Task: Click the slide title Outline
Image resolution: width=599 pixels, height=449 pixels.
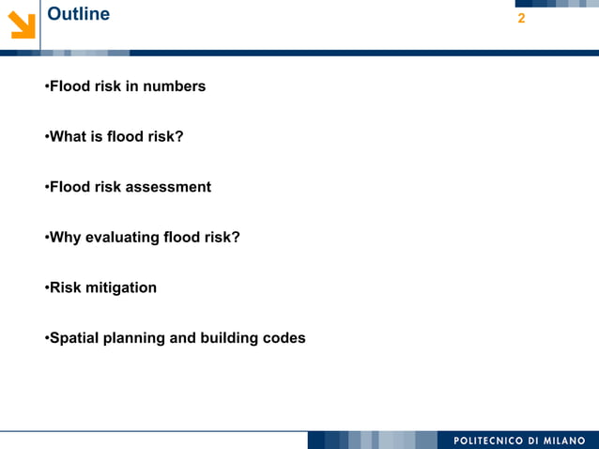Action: pyautogui.click(x=78, y=15)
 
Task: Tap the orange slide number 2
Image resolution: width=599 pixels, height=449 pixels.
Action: pyautogui.click(x=521, y=19)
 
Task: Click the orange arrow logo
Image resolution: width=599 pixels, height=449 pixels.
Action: pyautogui.click(x=22, y=25)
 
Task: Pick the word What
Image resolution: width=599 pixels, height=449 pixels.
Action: pyautogui.click(x=67, y=137)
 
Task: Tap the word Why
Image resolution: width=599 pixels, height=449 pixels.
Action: pyautogui.click(x=65, y=238)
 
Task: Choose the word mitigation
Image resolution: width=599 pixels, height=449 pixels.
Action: pyautogui.click(x=121, y=287)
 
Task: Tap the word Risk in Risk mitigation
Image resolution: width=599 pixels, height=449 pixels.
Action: pyautogui.click(x=65, y=287)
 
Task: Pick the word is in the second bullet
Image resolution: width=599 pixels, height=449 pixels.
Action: pyautogui.click(x=95, y=137)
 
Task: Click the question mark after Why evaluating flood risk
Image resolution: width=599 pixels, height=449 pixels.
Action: pyautogui.click(x=236, y=238)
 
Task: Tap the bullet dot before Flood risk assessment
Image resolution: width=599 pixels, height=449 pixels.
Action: pyautogui.click(x=45, y=187)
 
